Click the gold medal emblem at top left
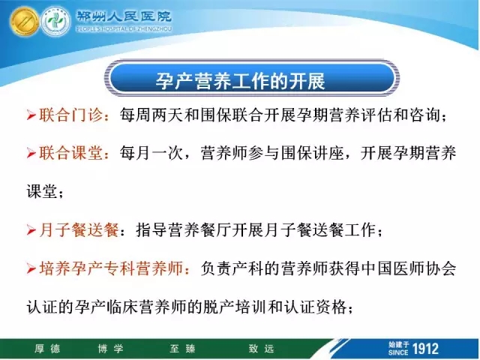pos(24,21)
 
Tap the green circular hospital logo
pos(55,21)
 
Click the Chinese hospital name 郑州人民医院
pos(124,16)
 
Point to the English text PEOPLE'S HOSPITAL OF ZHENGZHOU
pos(124,29)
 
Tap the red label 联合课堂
pos(70,153)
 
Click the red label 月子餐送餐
pos(79,229)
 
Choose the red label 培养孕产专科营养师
pos(111,268)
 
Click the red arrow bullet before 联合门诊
pos(31,115)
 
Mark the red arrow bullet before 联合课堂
pos(31,153)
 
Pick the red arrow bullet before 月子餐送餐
pos(31,230)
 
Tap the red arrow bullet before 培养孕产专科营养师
pos(31,268)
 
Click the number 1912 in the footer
pos(425,349)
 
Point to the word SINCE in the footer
pos(398,352)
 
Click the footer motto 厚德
pos(47,348)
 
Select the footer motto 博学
pos(110,348)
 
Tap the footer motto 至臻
pos(182,348)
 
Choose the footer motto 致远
pos(262,348)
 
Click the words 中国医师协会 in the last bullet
pos(409,268)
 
